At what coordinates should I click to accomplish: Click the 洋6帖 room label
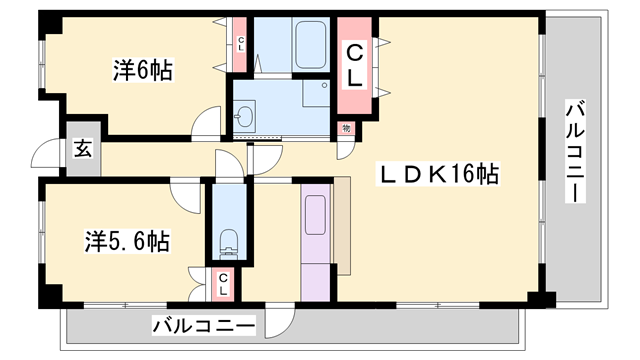[x=142, y=70]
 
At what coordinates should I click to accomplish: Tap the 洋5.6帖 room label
[x=126, y=241]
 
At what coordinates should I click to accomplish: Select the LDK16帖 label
[x=438, y=173]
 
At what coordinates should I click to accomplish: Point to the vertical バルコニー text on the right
[x=575, y=151]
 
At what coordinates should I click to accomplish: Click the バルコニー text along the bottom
[x=204, y=325]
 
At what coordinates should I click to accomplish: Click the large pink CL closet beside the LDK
[x=353, y=63]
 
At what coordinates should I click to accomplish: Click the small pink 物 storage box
[x=346, y=127]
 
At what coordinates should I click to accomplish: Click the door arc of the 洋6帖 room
[x=208, y=123]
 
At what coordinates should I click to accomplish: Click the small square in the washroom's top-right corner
[x=322, y=87]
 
